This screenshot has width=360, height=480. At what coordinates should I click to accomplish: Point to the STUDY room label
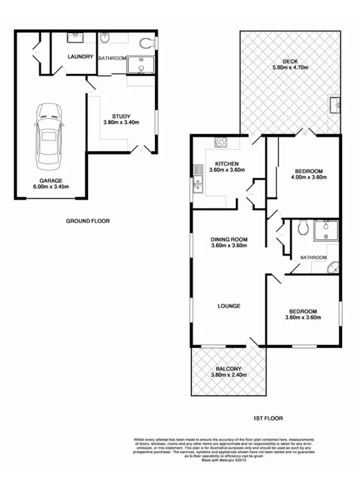click(x=121, y=116)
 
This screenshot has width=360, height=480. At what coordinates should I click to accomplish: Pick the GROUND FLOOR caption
click(x=88, y=221)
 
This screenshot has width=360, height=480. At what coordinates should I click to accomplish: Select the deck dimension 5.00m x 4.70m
click(x=290, y=68)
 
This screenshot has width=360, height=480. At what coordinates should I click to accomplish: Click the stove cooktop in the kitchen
click(x=220, y=143)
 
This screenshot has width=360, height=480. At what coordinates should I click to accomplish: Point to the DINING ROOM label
click(x=229, y=239)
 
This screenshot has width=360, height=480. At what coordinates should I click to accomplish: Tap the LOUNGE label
click(x=229, y=305)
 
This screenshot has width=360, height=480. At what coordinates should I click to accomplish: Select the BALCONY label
click(x=229, y=369)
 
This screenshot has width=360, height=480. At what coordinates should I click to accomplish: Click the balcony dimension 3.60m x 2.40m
click(x=229, y=376)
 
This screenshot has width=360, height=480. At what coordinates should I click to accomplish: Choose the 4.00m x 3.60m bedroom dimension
click(x=308, y=177)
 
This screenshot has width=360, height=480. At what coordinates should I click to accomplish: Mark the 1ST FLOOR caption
click(x=268, y=418)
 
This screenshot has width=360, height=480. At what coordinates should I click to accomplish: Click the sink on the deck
click(x=335, y=106)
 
